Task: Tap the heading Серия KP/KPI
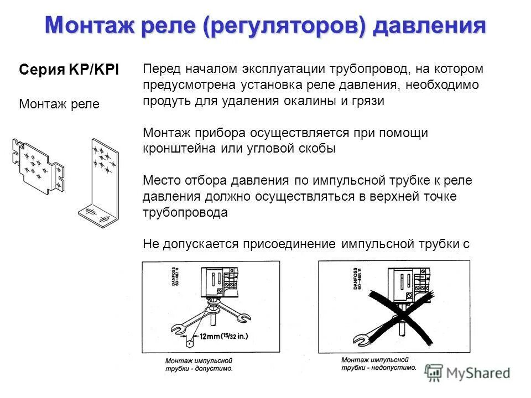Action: [x=69, y=70]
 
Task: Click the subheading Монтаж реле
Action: [x=59, y=104]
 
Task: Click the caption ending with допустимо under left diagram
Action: [x=199, y=364]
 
